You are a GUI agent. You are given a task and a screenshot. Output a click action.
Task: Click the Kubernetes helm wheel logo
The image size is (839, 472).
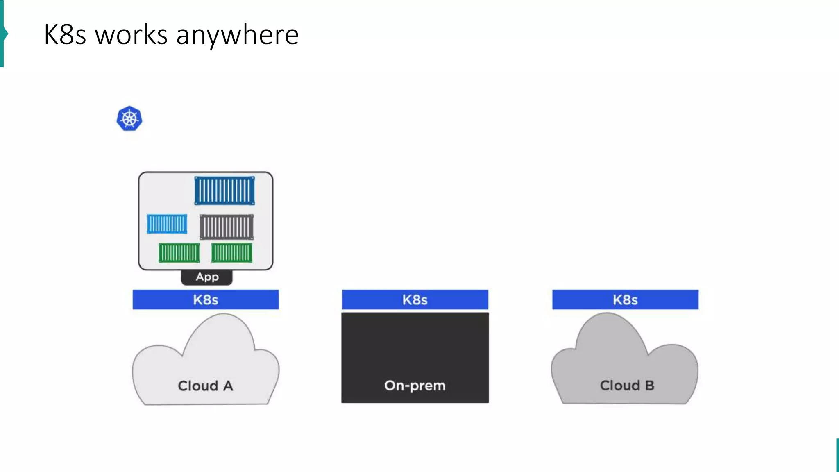click(129, 119)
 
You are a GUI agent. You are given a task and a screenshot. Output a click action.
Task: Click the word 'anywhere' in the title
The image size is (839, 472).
click(237, 34)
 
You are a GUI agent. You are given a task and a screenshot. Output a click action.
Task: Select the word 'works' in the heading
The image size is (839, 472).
click(131, 34)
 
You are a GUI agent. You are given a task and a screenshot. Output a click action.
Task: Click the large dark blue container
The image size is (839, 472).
click(224, 191)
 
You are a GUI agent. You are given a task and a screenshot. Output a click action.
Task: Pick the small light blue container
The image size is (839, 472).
click(167, 224)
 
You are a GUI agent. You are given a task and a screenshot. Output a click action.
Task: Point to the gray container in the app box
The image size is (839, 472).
click(227, 227)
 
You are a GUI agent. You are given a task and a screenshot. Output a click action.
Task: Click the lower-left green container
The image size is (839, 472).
click(179, 253)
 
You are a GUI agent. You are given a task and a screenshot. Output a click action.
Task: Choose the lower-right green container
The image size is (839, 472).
click(232, 252)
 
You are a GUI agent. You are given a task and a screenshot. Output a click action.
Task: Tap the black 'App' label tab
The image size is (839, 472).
click(207, 277)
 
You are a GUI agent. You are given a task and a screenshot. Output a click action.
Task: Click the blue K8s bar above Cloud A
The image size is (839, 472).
click(206, 300)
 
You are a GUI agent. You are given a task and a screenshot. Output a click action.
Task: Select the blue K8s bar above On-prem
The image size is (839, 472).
click(415, 300)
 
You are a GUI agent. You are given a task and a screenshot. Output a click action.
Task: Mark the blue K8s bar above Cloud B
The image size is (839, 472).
click(625, 300)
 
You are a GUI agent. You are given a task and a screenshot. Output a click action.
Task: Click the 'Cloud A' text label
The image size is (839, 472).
click(205, 386)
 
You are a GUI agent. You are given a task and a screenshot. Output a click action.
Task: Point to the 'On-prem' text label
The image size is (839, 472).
click(415, 386)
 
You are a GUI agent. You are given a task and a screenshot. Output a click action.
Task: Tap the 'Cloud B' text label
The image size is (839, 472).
click(627, 386)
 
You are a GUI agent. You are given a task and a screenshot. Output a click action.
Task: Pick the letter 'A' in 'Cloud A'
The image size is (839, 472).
click(228, 386)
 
